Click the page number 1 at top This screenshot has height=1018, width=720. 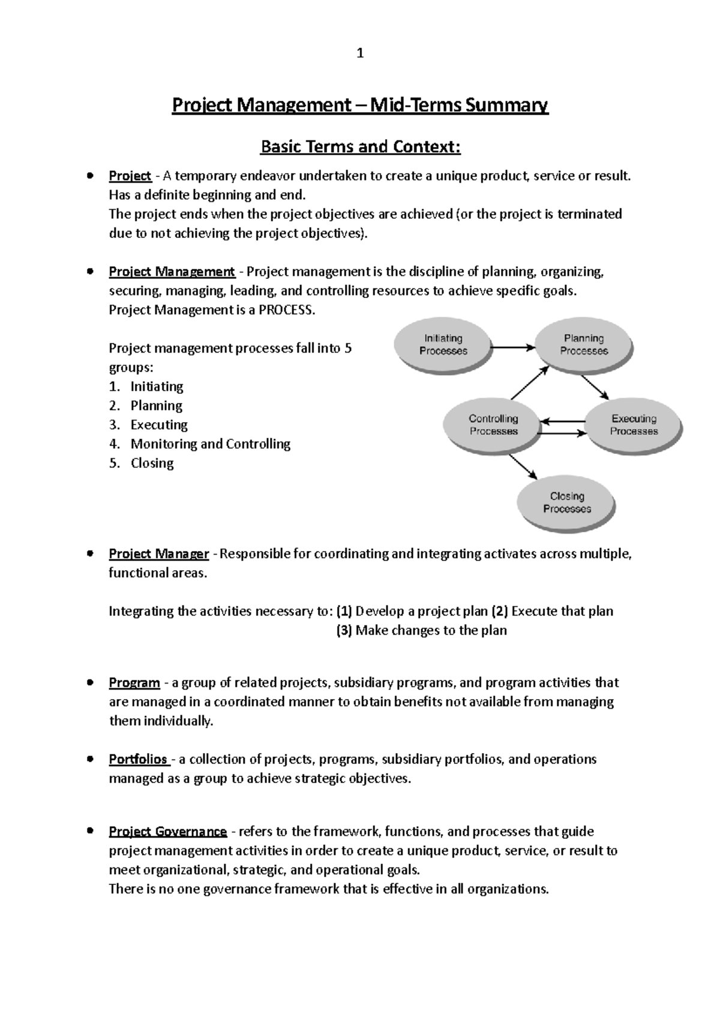pyautogui.click(x=360, y=54)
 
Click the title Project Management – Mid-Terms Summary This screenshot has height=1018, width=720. pyautogui.click(x=360, y=106)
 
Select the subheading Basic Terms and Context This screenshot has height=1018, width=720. pyautogui.click(x=360, y=146)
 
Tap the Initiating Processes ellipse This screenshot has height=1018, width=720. pyautogui.click(x=443, y=345)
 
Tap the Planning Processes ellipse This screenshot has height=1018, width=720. pyautogui.click(x=583, y=345)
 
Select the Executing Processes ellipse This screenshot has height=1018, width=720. pyautogui.click(x=634, y=425)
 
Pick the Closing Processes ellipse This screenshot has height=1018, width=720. pyautogui.click(x=566, y=502)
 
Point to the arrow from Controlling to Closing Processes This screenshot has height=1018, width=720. pyautogui.click(x=523, y=465)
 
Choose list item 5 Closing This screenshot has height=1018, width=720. pyautogui.click(x=152, y=463)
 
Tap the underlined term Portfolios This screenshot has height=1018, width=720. pyautogui.click(x=138, y=760)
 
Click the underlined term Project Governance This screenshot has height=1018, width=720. pyautogui.click(x=167, y=832)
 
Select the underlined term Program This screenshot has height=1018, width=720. pyautogui.click(x=134, y=683)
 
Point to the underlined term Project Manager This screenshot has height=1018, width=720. pyautogui.click(x=158, y=554)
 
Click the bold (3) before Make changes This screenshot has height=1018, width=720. pyautogui.click(x=344, y=631)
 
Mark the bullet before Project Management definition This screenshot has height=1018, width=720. pyautogui.click(x=89, y=272)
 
